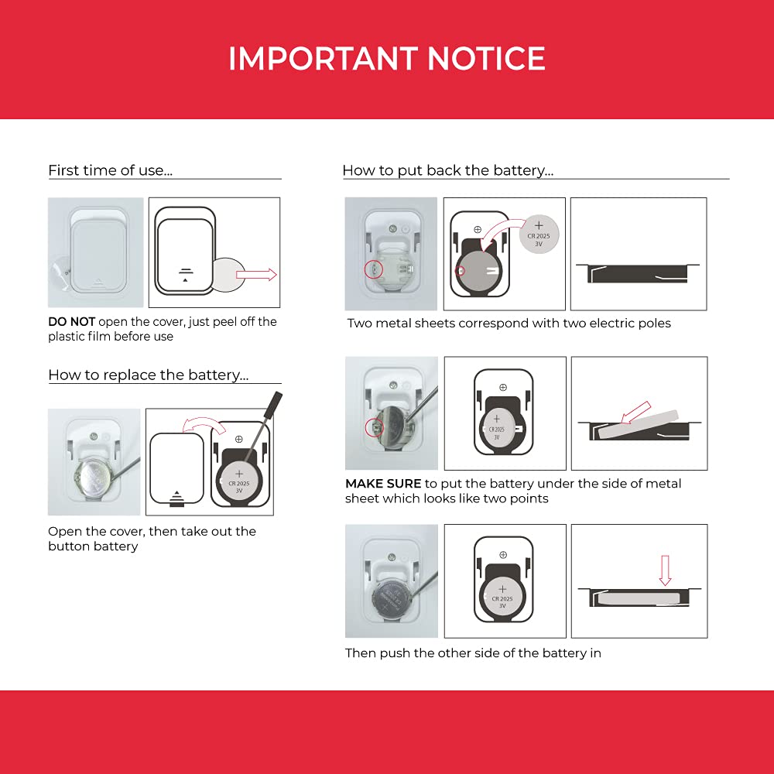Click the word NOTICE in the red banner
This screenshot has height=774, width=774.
click(x=486, y=58)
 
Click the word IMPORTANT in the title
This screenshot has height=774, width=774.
click(x=323, y=58)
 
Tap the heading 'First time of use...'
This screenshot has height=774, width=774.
click(x=110, y=170)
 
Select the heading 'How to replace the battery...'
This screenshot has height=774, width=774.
click(x=148, y=375)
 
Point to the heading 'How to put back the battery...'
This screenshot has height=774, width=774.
click(x=447, y=170)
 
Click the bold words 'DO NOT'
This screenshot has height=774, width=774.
click(x=71, y=322)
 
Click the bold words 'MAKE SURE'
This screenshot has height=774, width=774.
click(x=383, y=484)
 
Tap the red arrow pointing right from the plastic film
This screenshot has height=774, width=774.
click(x=256, y=275)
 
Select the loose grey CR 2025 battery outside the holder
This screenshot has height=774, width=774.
click(x=539, y=234)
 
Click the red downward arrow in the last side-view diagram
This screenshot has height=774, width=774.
click(x=665, y=570)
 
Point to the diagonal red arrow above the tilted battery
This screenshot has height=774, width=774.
click(x=635, y=413)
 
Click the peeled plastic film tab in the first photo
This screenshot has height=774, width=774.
click(x=63, y=270)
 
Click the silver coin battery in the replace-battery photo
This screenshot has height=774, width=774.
click(x=94, y=478)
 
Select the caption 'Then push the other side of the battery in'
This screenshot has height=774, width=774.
click(x=473, y=653)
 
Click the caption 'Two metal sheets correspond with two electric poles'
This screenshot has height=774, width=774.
click(x=509, y=324)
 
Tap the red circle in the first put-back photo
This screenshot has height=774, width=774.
click(x=373, y=269)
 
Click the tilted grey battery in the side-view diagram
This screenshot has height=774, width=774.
click(x=637, y=424)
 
